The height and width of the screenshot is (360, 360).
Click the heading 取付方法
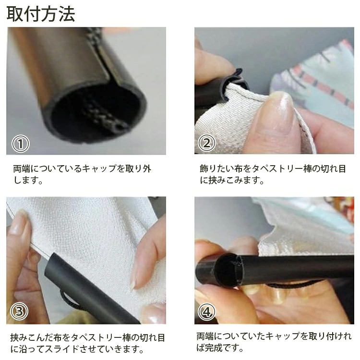[41, 14]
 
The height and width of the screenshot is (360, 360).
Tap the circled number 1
[21, 144]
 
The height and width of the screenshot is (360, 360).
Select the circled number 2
[206, 143]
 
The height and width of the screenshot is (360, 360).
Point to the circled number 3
[19, 312]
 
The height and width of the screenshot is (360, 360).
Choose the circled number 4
[206, 312]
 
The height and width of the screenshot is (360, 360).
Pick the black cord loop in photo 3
[69, 300]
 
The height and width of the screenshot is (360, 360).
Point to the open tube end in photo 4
[228, 270]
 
